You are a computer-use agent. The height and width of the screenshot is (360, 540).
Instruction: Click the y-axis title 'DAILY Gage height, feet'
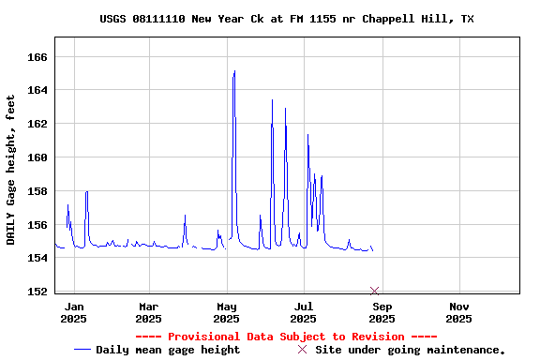point(11,170)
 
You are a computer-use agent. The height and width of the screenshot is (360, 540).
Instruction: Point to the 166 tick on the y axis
point(37,57)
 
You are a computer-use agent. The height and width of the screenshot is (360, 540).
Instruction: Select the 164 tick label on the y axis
point(37,91)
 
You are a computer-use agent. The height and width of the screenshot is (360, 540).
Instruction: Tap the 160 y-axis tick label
point(37,157)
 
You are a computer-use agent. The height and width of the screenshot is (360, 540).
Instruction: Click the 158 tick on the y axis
point(37,191)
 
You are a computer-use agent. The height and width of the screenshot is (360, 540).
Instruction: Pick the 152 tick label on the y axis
point(37,292)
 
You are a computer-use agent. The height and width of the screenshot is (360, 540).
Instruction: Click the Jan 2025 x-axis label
point(74,312)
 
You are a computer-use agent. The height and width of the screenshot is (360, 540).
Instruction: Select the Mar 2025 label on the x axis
point(149,312)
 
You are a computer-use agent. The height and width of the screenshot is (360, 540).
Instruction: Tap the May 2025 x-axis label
point(227,312)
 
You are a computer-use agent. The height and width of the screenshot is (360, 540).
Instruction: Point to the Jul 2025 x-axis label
point(304,312)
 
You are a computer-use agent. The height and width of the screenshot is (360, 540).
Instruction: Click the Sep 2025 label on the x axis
point(382,312)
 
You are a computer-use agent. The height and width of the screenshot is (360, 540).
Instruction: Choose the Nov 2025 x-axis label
point(458,312)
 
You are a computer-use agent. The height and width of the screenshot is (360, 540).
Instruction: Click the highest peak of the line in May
point(234,71)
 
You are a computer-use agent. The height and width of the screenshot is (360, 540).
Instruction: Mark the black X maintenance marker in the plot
point(374,291)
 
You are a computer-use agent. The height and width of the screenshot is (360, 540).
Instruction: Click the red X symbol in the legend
point(302,350)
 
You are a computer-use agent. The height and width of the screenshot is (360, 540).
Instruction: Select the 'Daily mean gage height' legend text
point(168,350)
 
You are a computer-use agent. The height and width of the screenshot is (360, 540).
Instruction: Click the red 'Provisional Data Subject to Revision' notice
point(286,337)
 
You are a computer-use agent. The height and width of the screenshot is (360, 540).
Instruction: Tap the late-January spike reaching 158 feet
point(86,192)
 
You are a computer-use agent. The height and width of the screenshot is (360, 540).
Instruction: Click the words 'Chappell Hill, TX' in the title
point(420,19)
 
